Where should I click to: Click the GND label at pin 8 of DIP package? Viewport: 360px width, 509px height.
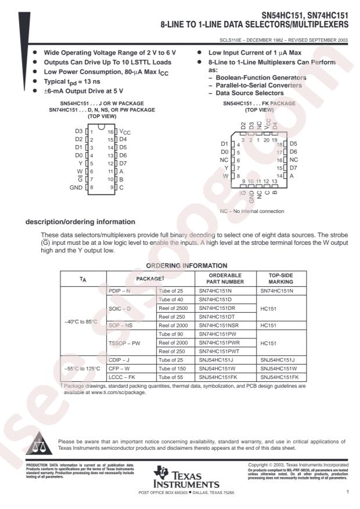76,187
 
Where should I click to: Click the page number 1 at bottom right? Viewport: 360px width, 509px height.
347,492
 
